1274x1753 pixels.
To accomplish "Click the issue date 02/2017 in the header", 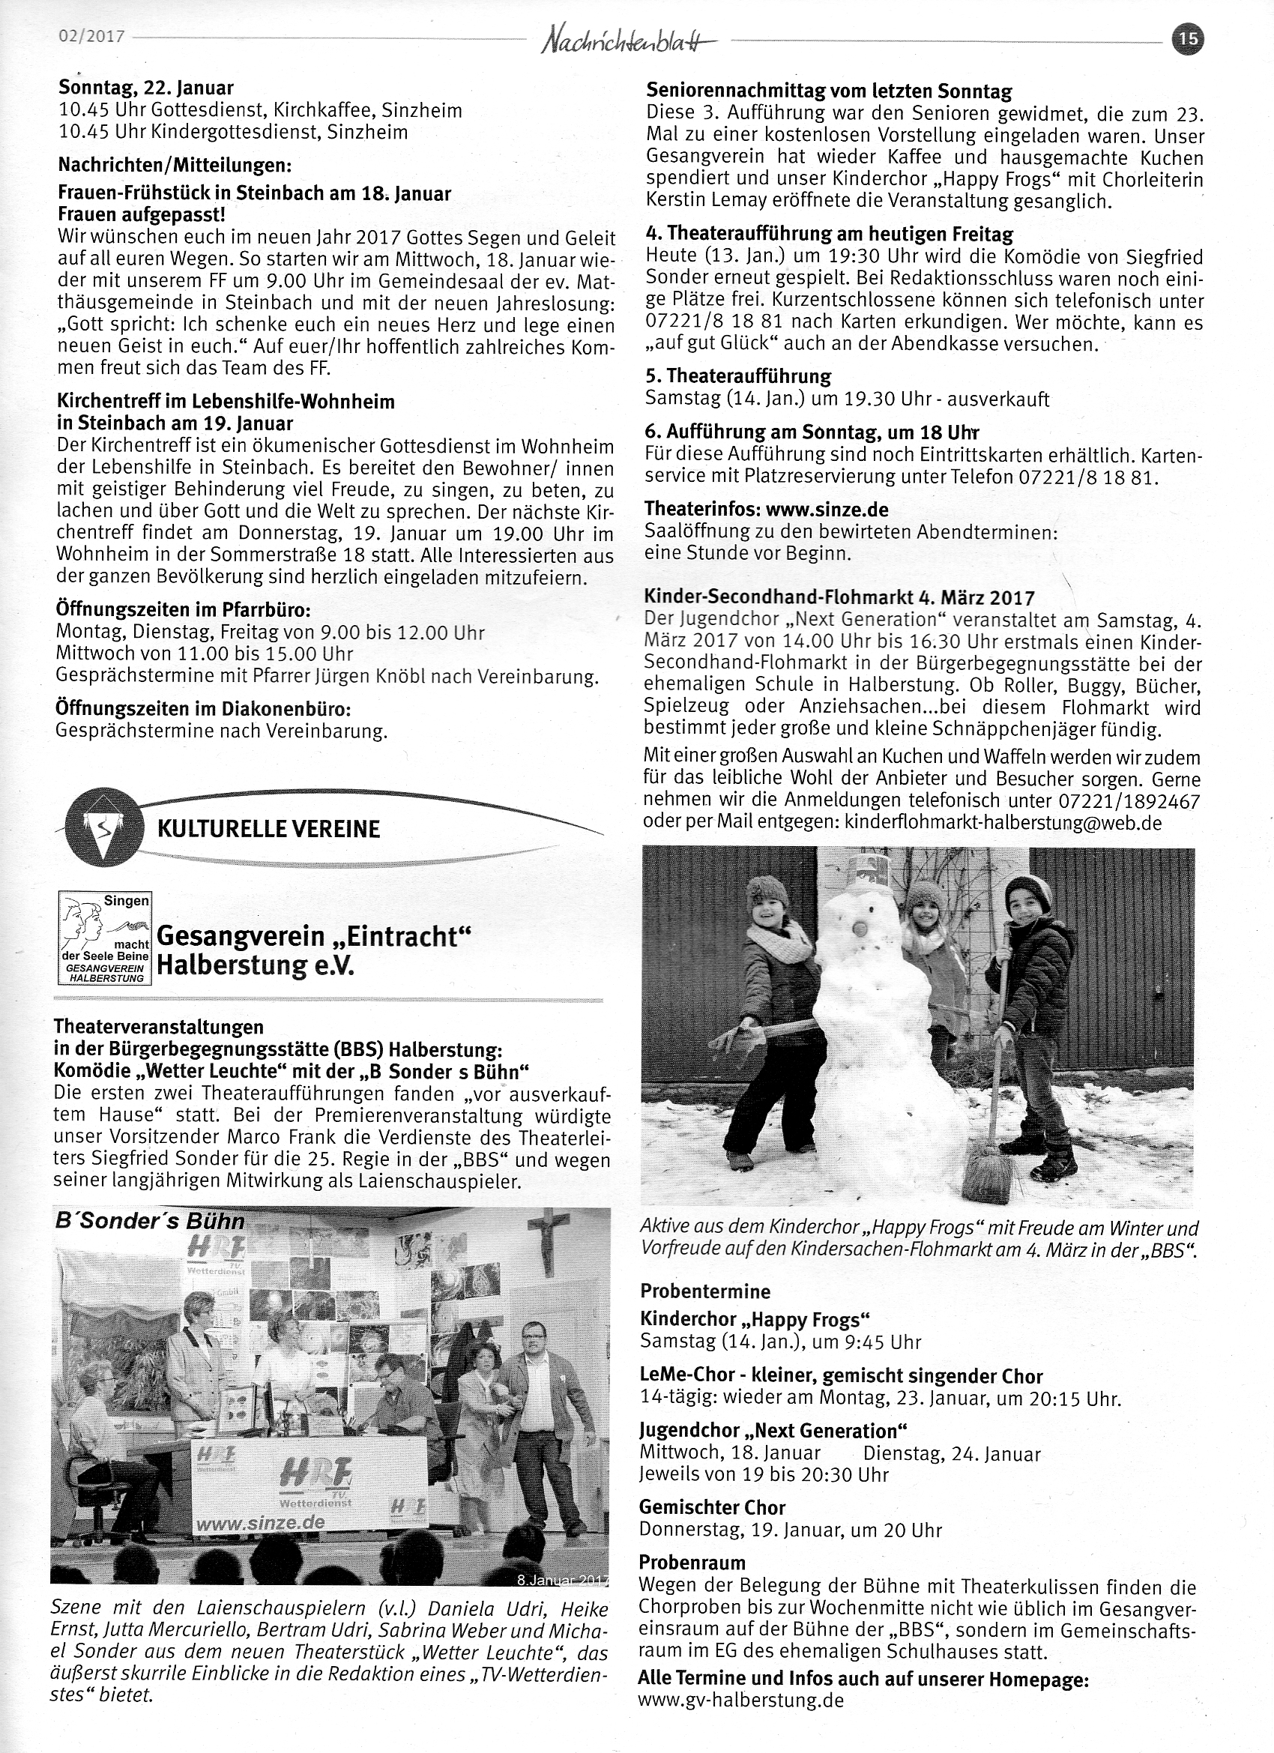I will (x=92, y=36).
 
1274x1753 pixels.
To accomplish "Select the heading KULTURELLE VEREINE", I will (x=268, y=830).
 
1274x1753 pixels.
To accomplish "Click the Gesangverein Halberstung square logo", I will (x=105, y=938).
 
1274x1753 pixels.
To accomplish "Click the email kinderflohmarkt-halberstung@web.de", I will (x=1003, y=822).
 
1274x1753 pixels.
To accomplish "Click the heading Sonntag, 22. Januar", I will (x=146, y=89).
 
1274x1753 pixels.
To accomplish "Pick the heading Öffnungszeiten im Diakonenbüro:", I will (x=204, y=708).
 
